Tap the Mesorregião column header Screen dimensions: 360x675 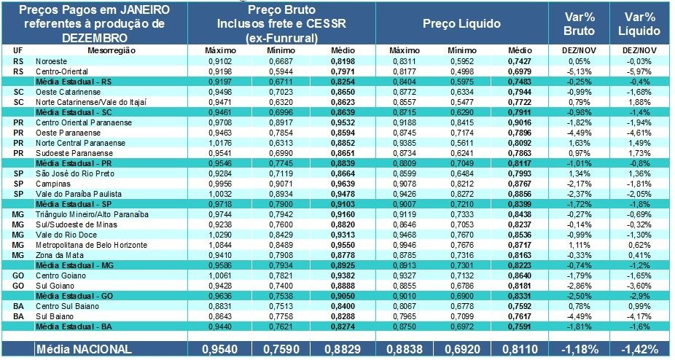109,50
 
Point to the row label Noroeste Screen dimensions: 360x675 50,62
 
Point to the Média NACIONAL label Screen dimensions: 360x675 85,350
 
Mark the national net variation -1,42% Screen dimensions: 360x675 641,350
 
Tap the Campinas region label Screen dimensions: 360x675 51,185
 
